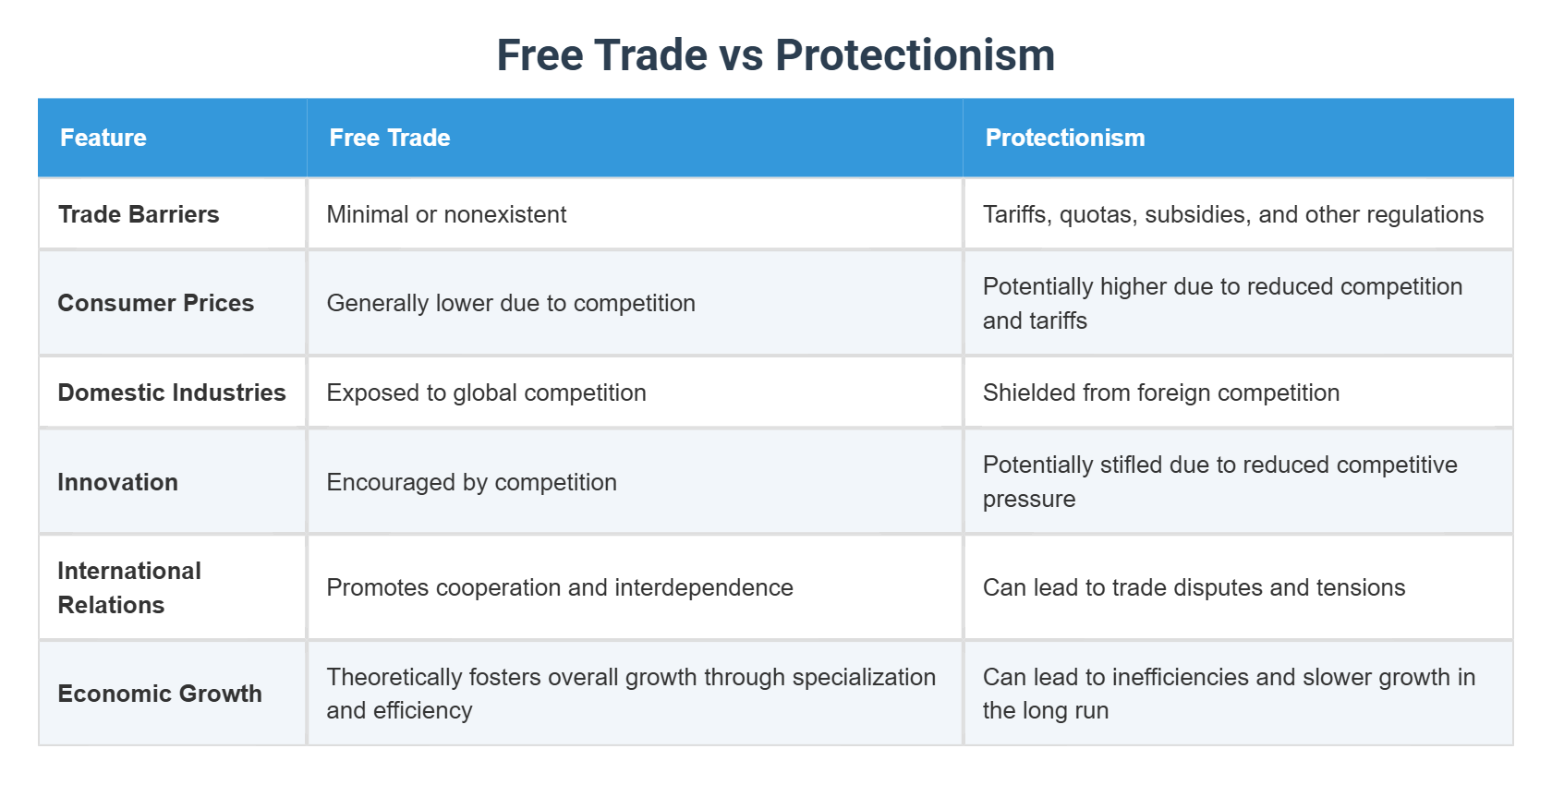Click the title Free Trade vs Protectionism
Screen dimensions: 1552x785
point(775,54)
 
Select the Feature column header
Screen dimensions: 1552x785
point(103,138)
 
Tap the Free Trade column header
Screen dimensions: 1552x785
point(390,138)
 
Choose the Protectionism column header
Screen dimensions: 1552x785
point(1065,138)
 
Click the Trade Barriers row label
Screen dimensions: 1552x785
point(139,214)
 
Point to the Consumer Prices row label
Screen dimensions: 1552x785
point(156,303)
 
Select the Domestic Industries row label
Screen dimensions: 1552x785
point(172,392)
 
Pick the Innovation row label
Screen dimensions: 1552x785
point(118,481)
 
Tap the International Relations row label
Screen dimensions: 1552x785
point(129,587)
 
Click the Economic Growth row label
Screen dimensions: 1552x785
point(160,693)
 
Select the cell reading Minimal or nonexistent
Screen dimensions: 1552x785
point(446,214)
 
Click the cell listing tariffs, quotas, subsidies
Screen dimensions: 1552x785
point(1233,214)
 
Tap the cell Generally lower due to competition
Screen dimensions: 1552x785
point(511,303)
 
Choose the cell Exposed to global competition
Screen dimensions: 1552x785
point(486,392)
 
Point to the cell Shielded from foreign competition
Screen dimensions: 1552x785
point(1161,392)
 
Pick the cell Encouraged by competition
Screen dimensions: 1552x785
point(472,481)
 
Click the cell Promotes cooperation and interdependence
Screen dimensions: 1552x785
point(560,587)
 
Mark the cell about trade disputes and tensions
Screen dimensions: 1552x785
point(1194,587)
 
